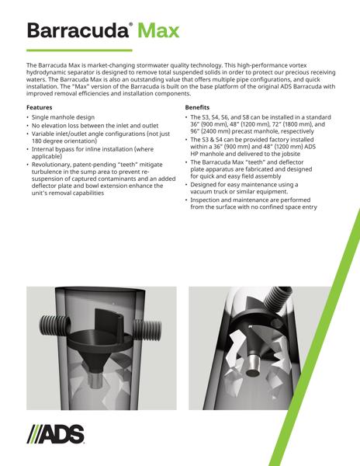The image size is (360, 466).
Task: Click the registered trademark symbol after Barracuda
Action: pyautogui.click(x=131, y=25)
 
